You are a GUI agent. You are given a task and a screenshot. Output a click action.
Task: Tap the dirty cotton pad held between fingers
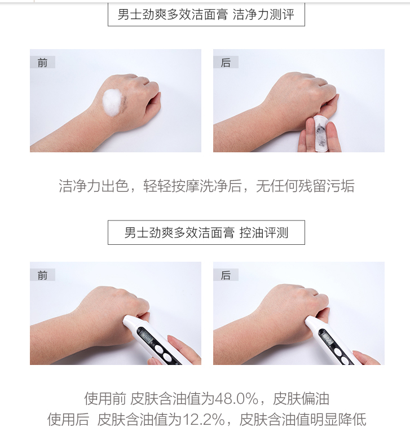tap(321, 131)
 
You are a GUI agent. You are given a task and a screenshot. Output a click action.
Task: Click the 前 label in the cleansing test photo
tap(42, 62)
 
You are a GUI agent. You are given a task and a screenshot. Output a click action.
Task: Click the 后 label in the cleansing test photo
tap(226, 62)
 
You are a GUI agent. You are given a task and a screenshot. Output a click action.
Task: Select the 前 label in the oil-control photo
tap(42, 275)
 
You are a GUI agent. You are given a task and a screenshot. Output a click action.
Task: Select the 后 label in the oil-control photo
tap(226, 275)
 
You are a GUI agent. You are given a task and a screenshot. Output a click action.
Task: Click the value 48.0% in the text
tap(236, 399)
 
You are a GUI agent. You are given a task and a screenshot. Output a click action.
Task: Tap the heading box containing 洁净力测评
tap(206, 14)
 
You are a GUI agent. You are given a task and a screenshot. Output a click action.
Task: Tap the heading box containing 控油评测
tap(206, 232)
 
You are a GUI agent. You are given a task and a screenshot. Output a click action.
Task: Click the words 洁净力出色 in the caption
tap(94, 186)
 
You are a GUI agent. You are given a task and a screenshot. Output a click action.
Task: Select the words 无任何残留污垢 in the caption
tap(305, 186)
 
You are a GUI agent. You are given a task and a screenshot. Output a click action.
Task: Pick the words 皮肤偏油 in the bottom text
tap(301, 399)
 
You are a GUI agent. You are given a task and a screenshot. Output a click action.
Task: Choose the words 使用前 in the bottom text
tap(105, 399)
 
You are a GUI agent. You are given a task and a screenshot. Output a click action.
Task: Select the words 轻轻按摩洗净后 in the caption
tap(192, 186)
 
